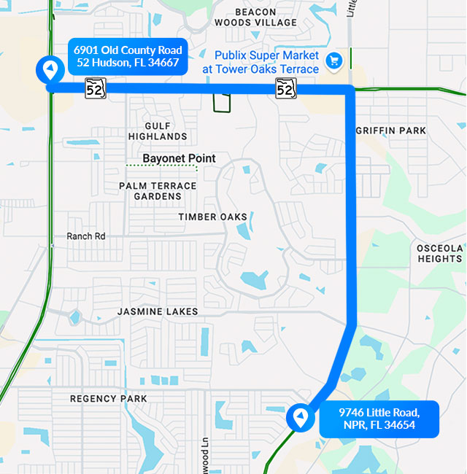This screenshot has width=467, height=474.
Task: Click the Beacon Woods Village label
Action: [x=255, y=17]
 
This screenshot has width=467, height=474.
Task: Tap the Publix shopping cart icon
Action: [x=334, y=61]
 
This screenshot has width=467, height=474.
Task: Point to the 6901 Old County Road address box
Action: [x=128, y=56]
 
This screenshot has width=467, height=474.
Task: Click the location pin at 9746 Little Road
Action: [x=299, y=418]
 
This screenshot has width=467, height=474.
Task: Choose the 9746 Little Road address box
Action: [x=379, y=419]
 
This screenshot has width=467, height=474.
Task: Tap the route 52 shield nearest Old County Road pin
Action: [x=96, y=88]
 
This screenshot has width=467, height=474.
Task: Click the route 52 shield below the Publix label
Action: [x=285, y=89]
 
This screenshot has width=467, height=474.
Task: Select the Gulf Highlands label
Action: [x=158, y=131]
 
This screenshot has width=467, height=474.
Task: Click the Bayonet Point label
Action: [x=179, y=158]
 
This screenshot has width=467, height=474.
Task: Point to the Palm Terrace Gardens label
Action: [x=158, y=191]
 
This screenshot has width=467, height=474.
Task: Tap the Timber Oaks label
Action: [x=212, y=217]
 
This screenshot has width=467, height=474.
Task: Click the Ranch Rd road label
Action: [x=86, y=236]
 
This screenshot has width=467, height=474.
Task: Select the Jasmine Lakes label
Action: [x=158, y=311]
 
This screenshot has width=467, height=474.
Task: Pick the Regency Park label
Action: [x=109, y=399]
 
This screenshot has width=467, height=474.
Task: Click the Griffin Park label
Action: [x=390, y=131]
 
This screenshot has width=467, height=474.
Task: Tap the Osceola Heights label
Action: [x=439, y=253]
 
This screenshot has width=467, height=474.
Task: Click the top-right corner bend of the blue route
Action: [x=350, y=90]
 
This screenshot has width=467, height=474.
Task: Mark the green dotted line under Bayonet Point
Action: [x=161, y=167]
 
